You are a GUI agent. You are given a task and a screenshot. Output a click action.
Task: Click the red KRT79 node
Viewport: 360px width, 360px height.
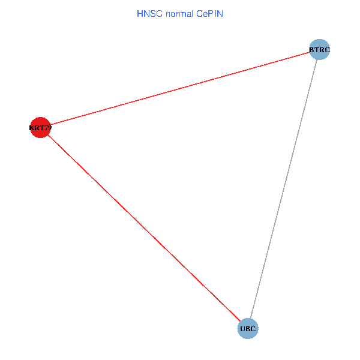[40, 127]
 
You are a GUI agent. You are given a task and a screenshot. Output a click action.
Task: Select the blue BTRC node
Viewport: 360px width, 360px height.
[320, 49]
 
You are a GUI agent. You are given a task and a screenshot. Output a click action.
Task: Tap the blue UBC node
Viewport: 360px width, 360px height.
[248, 328]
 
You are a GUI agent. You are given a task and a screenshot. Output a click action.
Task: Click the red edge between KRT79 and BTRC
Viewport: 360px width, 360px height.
[180, 88]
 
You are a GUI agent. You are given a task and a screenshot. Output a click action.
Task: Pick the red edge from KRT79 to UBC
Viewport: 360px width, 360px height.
[144, 228]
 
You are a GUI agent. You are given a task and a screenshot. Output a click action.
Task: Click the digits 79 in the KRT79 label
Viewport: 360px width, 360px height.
[47, 128]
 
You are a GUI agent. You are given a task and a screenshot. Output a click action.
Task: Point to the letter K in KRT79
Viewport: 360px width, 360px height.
[32, 128]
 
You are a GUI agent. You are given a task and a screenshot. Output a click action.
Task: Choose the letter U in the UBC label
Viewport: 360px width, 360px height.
[242, 329]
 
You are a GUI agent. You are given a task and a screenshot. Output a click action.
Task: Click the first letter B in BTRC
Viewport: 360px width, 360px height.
[312, 49]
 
